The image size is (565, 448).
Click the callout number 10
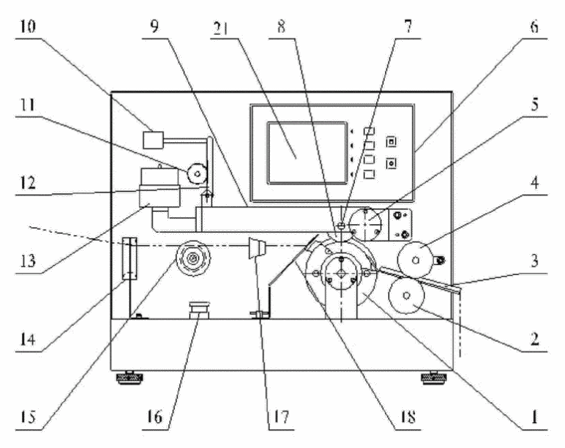click(28, 27)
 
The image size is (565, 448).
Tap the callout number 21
click(221, 28)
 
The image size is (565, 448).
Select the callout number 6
click(534, 26)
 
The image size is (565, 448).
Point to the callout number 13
click(28, 260)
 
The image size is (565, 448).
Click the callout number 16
click(154, 417)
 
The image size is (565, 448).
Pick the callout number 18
click(407, 417)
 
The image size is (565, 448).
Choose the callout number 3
click(534, 261)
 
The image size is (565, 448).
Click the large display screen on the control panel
click(307, 152)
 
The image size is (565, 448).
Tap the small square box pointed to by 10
click(153, 140)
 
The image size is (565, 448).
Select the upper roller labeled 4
click(416, 259)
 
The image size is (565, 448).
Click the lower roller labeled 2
click(406, 296)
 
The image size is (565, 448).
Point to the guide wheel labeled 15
click(193, 258)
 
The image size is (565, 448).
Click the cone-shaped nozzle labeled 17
click(257, 248)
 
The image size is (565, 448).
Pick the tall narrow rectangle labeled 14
click(129, 258)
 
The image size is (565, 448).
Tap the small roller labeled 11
click(197, 174)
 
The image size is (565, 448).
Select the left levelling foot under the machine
click(129, 377)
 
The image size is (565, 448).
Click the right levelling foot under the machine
click(435, 377)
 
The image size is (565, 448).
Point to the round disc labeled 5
click(366, 224)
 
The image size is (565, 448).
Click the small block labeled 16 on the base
click(199, 311)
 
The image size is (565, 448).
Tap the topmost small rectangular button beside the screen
click(369, 131)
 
